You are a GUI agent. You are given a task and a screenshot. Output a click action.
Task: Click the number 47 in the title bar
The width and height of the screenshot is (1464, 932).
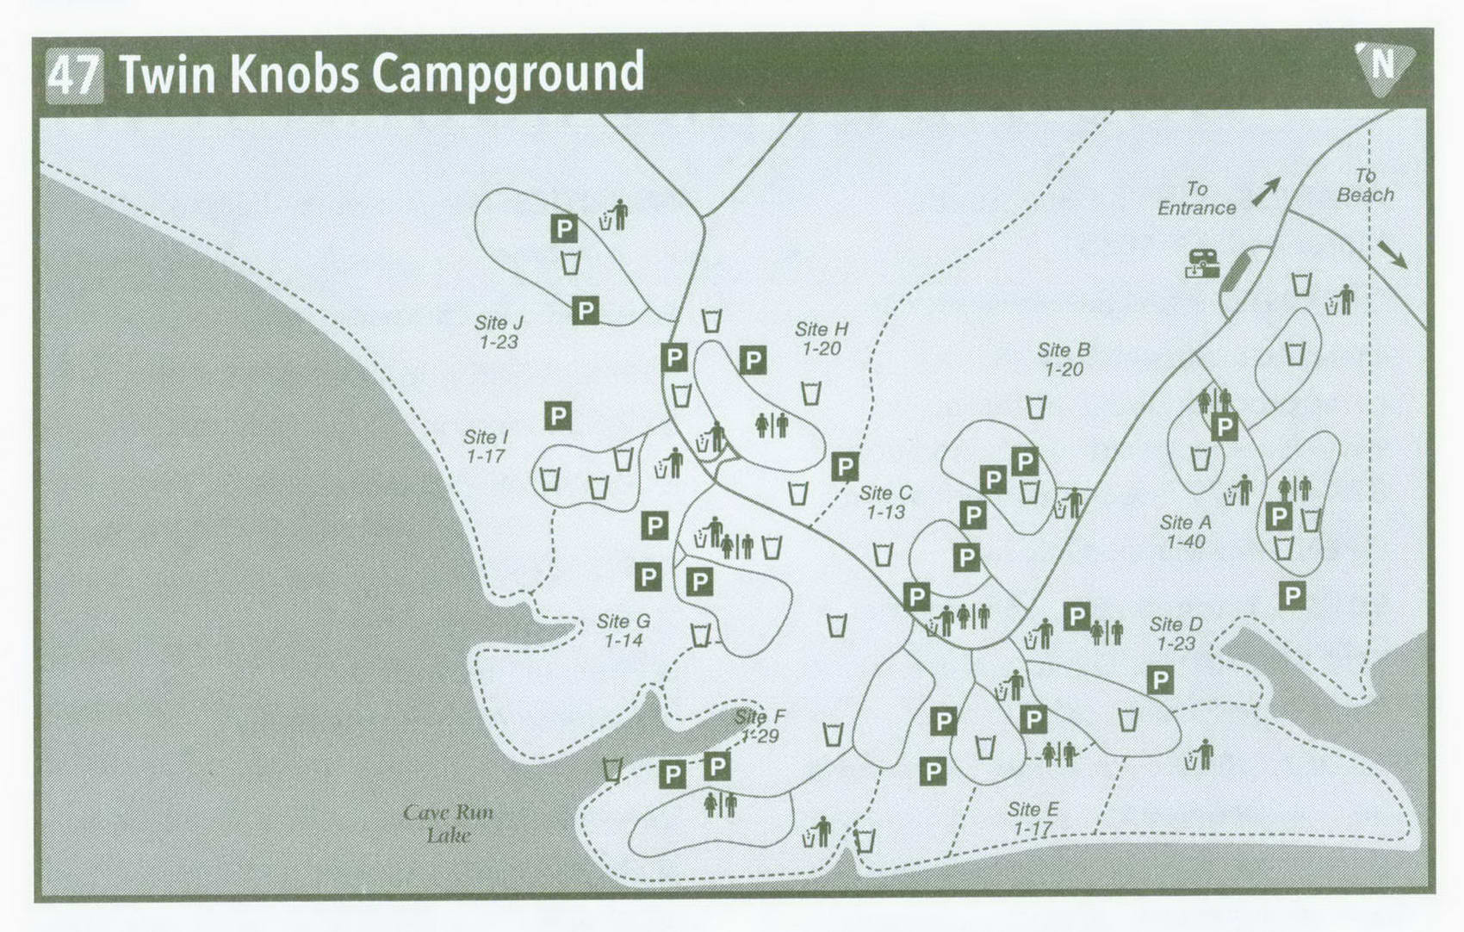click(74, 75)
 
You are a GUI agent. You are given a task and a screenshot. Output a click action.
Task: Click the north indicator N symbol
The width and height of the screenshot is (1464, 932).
click(1383, 65)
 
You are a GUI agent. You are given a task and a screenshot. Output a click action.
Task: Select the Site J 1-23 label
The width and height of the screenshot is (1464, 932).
click(499, 332)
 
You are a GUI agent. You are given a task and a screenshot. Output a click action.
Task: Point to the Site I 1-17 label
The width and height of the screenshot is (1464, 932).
click(486, 447)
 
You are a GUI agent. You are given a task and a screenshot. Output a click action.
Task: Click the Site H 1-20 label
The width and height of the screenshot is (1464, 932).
click(822, 339)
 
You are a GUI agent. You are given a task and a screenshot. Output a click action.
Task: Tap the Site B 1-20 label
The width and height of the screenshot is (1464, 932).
click(1064, 359)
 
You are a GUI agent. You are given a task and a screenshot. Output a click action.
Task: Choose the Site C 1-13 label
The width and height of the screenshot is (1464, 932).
click(885, 502)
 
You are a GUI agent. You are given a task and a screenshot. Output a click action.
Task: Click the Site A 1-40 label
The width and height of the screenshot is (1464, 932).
click(1185, 531)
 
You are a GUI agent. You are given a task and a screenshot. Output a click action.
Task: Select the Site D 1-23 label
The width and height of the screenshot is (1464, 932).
click(1176, 633)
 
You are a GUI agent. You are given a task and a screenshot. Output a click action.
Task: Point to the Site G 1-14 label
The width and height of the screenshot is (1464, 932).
click(623, 631)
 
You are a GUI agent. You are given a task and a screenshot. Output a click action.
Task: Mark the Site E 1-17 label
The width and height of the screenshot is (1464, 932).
click(1033, 818)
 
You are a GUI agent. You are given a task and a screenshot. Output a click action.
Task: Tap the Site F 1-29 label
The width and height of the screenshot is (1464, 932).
click(760, 726)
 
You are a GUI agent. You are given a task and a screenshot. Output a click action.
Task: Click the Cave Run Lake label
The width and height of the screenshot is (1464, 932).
click(449, 823)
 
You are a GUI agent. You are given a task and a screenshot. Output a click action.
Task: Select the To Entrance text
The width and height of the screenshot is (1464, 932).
click(1196, 198)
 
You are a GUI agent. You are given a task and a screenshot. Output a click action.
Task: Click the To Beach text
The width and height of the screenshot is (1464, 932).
click(1365, 185)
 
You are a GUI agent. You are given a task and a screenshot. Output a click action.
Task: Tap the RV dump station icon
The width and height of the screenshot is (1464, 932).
click(1202, 264)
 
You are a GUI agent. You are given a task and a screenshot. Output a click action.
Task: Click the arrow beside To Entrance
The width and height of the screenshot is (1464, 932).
click(1265, 191)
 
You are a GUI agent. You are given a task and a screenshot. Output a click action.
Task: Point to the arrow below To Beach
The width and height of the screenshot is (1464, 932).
click(1392, 254)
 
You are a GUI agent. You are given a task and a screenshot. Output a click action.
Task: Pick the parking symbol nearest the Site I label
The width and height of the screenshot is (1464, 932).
click(558, 417)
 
